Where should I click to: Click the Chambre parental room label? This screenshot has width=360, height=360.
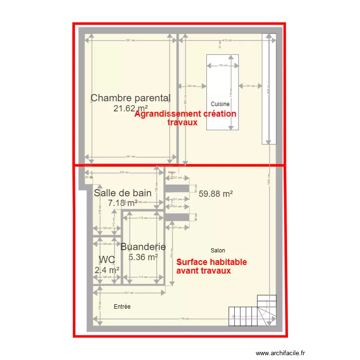pyautogui.click(x=131, y=98)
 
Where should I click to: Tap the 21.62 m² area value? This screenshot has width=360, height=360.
pyautogui.click(x=131, y=108)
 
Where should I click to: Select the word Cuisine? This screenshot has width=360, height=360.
pyautogui.click(x=220, y=104)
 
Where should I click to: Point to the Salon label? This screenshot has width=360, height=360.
pyautogui.click(x=217, y=251)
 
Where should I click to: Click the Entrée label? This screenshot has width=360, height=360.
pyautogui.click(x=122, y=306)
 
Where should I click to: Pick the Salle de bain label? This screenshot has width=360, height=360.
pyautogui.click(x=122, y=193)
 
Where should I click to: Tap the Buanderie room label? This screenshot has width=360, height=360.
pyautogui.click(x=143, y=247)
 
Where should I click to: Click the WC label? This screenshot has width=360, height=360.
pyautogui.click(x=107, y=260)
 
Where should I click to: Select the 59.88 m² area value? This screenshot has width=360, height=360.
pyautogui.click(x=216, y=194)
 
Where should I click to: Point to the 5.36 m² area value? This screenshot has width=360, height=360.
pyautogui.click(x=143, y=257)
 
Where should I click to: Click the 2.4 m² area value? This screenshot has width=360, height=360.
pyautogui.click(x=107, y=270)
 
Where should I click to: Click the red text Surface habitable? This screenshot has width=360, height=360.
pyautogui.click(x=212, y=262)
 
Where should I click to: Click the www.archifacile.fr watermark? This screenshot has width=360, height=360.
pyautogui.click(x=280, y=353)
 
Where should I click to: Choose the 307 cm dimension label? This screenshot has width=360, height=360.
pyautogui.click(x=129, y=292)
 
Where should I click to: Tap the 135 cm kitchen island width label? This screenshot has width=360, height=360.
pyautogui.click(x=223, y=65)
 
